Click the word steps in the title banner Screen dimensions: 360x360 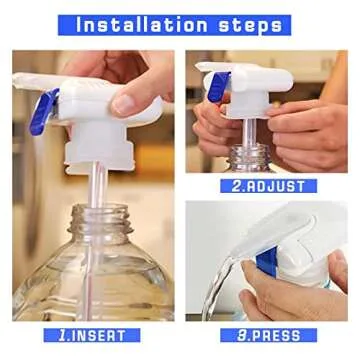point(255,23)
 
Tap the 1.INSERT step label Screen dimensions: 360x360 point(93,335)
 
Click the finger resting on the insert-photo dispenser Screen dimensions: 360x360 point(130,95)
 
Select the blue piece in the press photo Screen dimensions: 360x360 point(264,266)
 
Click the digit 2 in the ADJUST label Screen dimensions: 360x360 point(236,184)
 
